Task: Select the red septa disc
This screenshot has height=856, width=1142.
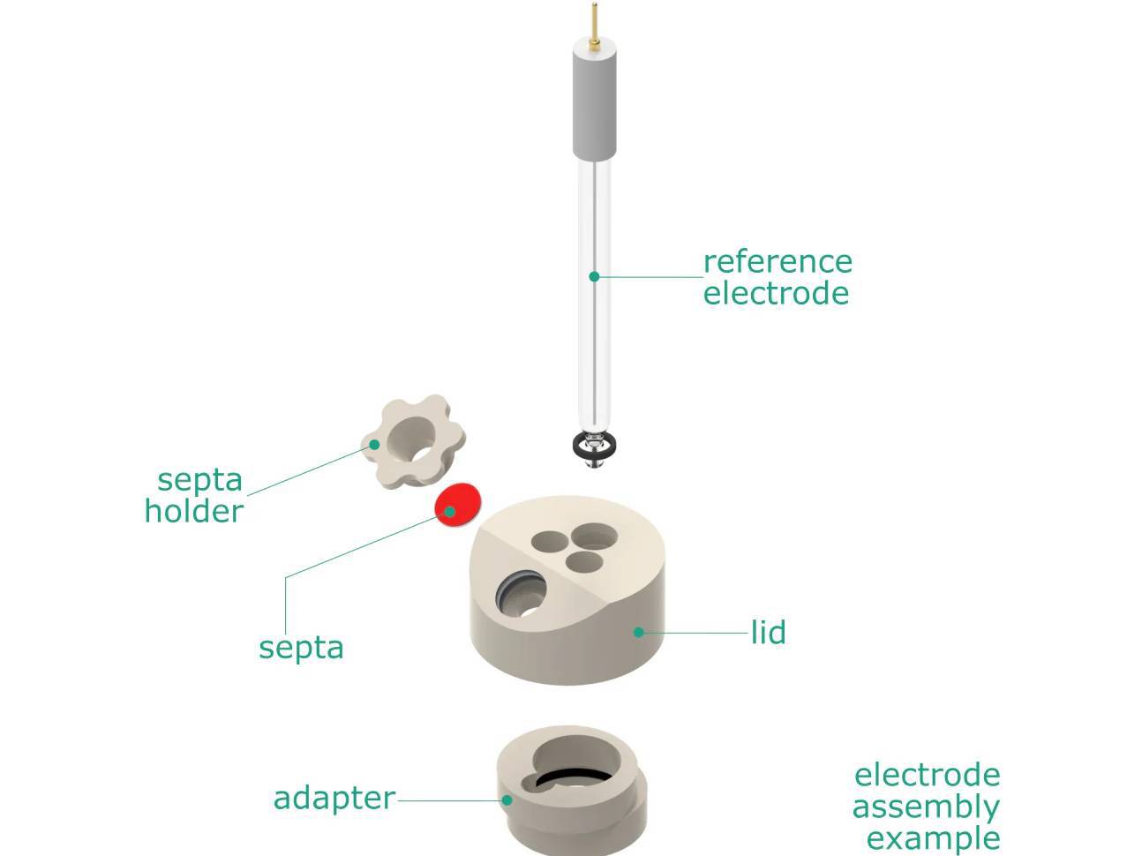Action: coord(460,505)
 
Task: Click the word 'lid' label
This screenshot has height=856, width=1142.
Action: coord(768,633)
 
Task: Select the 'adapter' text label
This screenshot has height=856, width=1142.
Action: coord(334,798)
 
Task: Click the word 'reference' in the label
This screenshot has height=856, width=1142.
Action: coord(778,262)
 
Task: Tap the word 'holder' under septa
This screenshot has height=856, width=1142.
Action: coord(194,512)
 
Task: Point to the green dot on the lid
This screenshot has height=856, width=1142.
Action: coord(638,633)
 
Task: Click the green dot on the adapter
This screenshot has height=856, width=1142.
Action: coord(507,800)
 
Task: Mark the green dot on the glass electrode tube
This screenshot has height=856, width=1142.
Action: coord(594,277)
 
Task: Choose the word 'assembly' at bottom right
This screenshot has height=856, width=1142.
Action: coord(926,807)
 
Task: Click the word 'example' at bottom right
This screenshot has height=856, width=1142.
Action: coord(933,838)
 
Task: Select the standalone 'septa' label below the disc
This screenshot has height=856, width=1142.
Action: coord(301,648)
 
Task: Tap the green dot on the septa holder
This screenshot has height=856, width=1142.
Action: coord(375,444)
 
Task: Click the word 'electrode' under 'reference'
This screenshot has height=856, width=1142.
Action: coord(776,294)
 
